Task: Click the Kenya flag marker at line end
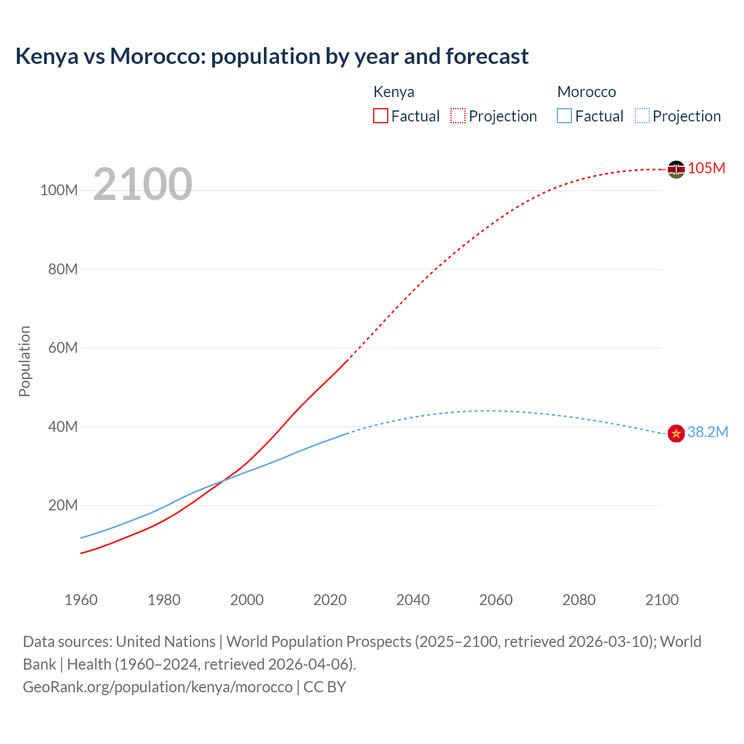(x=676, y=169)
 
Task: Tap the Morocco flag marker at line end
(x=676, y=433)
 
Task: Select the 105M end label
(x=706, y=169)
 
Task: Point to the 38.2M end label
(x=707, y=432)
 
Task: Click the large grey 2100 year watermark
(x=142, y=184)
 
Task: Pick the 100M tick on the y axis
(x=59, y=191)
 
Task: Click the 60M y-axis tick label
(x=63, y=348)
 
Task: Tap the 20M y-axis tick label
(x=63, y=506)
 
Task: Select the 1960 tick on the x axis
(x=81, y=600)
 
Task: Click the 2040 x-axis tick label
(x=413, y=600)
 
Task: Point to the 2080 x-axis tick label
(x=579, y=600)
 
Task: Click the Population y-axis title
(x=24, y=361)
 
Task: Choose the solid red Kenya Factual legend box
(x=381, y=116)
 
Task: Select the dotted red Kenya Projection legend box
(x=458, y=116)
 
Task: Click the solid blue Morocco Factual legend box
(x=564, y=116)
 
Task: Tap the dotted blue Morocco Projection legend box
(x=642, y=116)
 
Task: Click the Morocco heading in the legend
(x=586, y=92)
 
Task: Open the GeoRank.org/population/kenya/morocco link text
(x=158, y=687)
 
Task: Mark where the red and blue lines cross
(x=223, y=480)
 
